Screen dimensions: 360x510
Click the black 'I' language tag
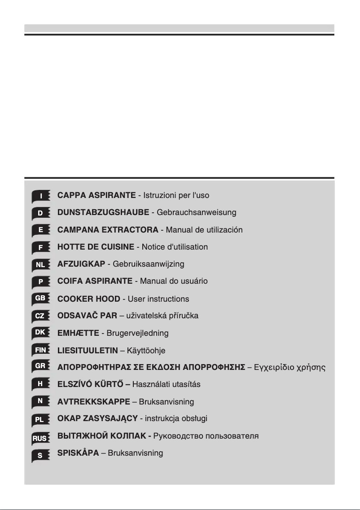(41, 196)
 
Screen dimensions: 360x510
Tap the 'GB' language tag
(40, 299)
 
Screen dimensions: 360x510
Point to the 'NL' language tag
(40, 265)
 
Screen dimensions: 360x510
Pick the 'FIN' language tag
(40, 350)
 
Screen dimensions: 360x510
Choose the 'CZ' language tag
(40, 316)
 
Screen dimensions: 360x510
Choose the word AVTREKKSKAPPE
(93, 401)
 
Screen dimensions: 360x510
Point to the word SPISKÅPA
(78, 453)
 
